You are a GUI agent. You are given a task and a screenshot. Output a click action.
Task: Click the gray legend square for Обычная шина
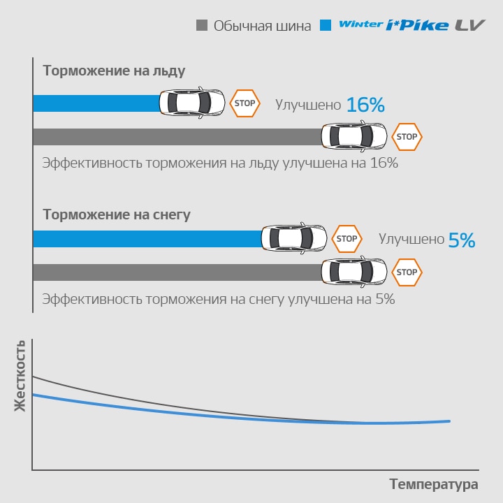click(x=202, y=26)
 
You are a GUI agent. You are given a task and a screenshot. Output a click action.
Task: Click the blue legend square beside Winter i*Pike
click(x=325, y=26)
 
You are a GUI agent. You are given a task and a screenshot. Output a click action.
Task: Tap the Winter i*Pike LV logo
click(x=402, y=26)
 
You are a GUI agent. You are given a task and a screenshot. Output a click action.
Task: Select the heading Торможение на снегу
click(x=117, y=214)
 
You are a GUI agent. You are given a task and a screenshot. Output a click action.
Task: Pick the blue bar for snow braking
click(x=147, y=239)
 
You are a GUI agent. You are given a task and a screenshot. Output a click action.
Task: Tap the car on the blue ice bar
click(x=192, y=103)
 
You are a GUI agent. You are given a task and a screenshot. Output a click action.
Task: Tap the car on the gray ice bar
click(x=353, y=137)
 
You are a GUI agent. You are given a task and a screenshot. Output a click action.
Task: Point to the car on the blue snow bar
click(x=293, y=239)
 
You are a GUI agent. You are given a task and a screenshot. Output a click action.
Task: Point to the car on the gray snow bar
click(x=353, y=272)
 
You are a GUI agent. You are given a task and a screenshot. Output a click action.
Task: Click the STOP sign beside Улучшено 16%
click(x=245, y=103)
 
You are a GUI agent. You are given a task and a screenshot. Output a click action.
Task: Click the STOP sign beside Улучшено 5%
click(x=347, y=239)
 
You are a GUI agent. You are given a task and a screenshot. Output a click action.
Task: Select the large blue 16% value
click(x=365, y=105)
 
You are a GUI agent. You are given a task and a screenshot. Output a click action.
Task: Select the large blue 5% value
click(x=462, y=240)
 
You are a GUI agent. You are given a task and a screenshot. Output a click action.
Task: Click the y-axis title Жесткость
click(x=20, y=375)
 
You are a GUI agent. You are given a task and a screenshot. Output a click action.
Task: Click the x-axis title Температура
click(x=434, y=484)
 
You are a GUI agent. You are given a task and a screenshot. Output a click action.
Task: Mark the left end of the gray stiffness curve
click(x=34, y=377)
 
